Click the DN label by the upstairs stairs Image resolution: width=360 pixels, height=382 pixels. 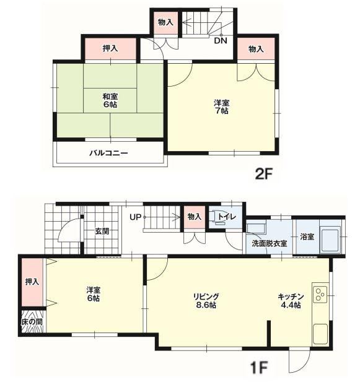[x=221, y=40]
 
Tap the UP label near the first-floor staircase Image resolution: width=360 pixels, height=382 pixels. [x=136, y=217]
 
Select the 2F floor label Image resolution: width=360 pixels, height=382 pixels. [x=263, y=174]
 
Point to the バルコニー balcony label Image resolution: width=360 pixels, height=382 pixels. [x=108, y=154]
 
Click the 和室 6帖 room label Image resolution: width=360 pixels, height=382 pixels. [x=110, y=100]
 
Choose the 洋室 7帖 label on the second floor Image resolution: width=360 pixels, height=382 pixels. [x=221, y=106]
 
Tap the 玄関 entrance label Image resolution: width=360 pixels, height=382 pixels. [x=102, y=231]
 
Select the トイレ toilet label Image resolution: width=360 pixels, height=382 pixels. [x=227, y=217]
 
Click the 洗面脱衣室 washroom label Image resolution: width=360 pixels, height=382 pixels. [x=269, y=243]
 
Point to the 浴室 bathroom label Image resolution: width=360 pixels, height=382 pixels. [x=307, y=237]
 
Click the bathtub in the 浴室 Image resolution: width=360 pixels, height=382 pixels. [x=331, y=239]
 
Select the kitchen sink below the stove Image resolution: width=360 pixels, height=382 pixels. [x=320, y=333]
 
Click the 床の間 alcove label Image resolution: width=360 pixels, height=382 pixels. [x=32, y=321]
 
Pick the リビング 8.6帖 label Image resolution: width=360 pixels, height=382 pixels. [x=206, y=301]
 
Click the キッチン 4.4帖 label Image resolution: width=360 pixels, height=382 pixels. [x=291, y=301]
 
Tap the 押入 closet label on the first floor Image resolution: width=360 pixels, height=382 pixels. [x=32, y=282]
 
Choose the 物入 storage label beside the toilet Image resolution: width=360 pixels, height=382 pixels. [x=195, y=216]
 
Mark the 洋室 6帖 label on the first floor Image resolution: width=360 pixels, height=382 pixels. [x=94, y=294]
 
